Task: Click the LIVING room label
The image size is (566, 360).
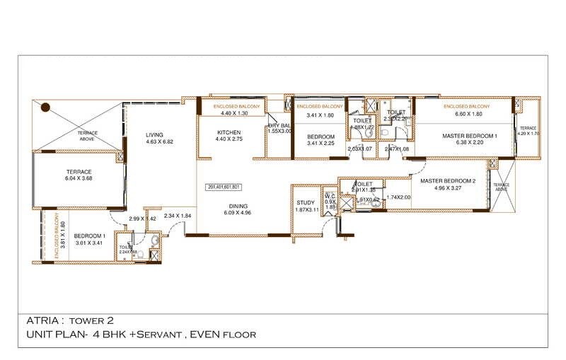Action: click(154, 134)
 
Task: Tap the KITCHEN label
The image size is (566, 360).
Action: click(229, 133)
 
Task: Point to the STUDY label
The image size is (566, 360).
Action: click(306, 203)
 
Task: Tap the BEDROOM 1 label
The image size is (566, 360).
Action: click(89, 235)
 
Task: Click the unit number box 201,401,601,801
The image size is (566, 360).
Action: click(225, 187)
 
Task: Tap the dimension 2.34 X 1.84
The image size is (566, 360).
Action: click(178, 216)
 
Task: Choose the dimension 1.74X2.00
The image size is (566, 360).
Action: click(398, 197)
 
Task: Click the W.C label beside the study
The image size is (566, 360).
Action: click(329, 195)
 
